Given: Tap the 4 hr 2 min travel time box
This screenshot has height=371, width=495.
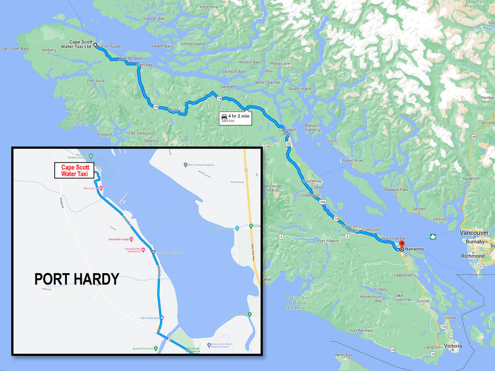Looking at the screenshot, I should tap(235, 118).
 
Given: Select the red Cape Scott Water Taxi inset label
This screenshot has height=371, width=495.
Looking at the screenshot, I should tap(75, 170).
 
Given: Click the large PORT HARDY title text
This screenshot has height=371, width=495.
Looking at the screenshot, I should tap(77, 279).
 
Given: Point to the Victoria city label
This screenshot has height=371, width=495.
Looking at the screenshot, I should tap(453, 346).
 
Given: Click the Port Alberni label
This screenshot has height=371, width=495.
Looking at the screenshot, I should tap(329, 241).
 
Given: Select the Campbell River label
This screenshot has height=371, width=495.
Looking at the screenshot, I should tap(287, 133).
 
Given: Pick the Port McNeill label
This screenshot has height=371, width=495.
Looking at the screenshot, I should tap(131, 58).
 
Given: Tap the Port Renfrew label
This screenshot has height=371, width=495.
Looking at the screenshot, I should tap(361, 331).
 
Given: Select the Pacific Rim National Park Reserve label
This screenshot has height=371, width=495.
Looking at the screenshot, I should tap(296, 302).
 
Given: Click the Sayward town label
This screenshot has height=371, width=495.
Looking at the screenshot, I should tap(228, 86).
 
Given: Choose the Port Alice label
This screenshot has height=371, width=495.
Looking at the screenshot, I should tap(95, 81).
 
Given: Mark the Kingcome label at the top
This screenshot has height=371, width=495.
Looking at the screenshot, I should tap(208, 7).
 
